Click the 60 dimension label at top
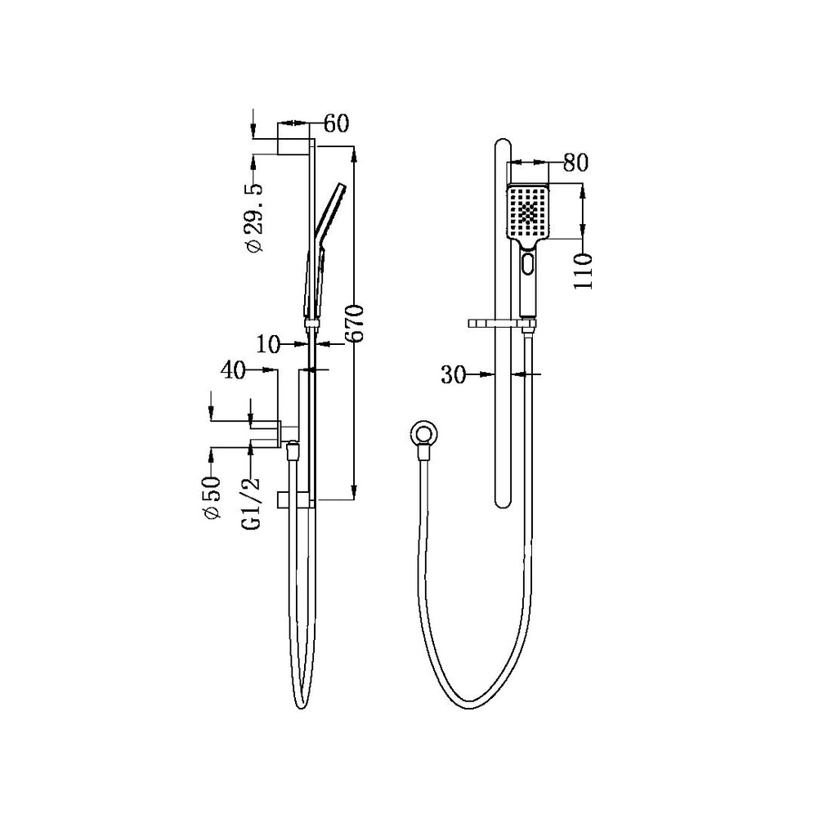[336, 124]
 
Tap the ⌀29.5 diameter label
[254, 216]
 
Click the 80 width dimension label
[575, 162]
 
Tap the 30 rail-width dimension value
[454, 375]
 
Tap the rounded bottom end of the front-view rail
[503, 500]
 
